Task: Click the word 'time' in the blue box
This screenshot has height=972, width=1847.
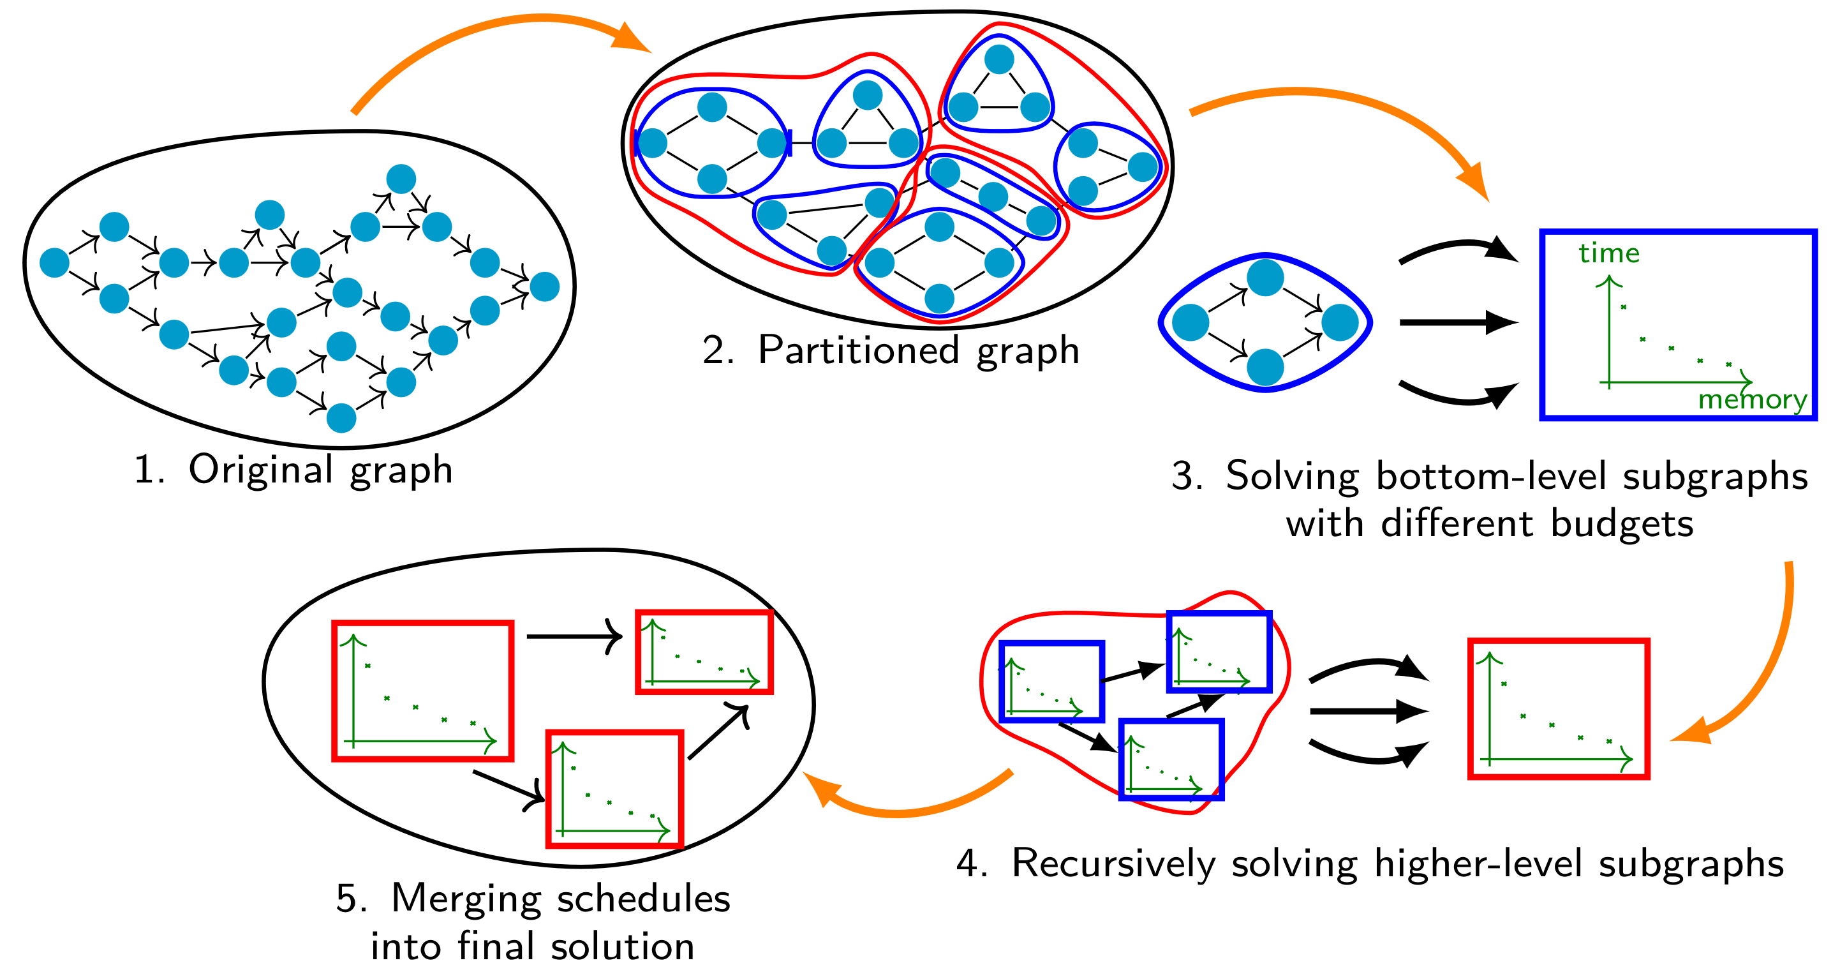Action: click(x=1608, y=253)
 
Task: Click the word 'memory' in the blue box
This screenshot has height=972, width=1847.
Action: click(x=1752, y=400)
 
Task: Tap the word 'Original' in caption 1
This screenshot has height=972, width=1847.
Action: click(x=261, y=470)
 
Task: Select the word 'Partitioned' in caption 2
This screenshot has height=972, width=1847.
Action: click(x=858, y=351)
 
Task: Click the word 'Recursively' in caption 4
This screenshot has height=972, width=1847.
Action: click(x=1113, y=863)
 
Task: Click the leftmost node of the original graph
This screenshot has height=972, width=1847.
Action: click(x=54, y=262)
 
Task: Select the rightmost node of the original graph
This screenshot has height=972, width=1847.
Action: click(x=544, y=287)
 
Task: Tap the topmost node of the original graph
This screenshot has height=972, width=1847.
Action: click(x=401, y=179)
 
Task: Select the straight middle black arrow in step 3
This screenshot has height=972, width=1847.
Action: click(x=1455, y=323)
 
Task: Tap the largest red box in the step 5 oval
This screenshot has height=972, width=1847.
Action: click(x=423, y=691)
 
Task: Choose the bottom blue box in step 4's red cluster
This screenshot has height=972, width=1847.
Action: click(x=1171, y=759)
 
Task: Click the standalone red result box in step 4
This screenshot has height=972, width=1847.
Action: click(x=1559, y=708)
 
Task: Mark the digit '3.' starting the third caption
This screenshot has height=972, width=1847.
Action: click(x=1187, y=476)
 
